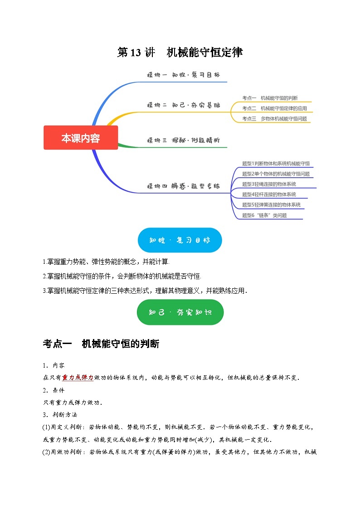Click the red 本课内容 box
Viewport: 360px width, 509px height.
(x=81, y=138)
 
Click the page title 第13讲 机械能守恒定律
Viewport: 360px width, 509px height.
(x=180, y=53)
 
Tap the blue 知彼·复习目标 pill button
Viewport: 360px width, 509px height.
(x=180, y=240)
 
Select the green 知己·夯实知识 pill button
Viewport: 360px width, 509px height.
(x=180, y=312)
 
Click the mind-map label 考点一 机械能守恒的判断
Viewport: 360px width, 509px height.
(x=270, y=98)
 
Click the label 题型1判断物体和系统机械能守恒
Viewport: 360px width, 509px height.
(x=276, y=163)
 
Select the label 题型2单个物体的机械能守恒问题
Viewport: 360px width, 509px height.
(x=276, y=174)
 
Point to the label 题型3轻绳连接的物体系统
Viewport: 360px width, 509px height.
(x=269, y=184)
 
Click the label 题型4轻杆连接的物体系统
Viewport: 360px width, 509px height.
(x=269, y=194)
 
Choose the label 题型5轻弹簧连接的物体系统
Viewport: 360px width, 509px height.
(x=271, y=205)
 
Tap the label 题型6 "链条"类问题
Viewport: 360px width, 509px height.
(x=264, y=215)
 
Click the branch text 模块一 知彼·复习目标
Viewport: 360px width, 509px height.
(x=183, y=75)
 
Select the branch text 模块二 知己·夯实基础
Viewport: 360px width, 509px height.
(x=183, y=105)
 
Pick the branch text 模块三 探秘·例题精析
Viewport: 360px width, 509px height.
(x=183, y=141)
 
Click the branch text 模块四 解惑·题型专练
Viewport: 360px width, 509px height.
(x=183, y=186)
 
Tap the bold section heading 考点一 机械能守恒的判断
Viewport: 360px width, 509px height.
(x=101, y=344)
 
